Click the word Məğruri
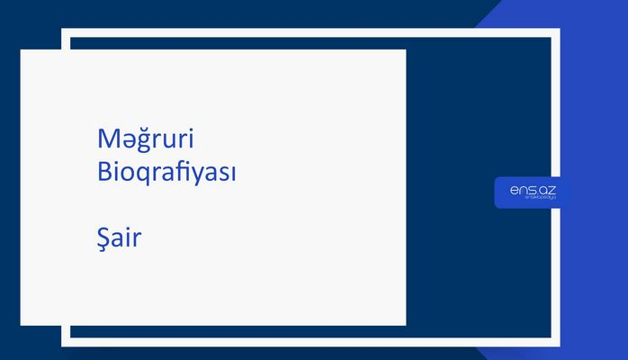[146, 140]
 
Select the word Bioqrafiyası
[166, 172]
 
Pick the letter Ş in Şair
[103, 240]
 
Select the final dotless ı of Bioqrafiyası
[232, 173]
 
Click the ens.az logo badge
[526, 192]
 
